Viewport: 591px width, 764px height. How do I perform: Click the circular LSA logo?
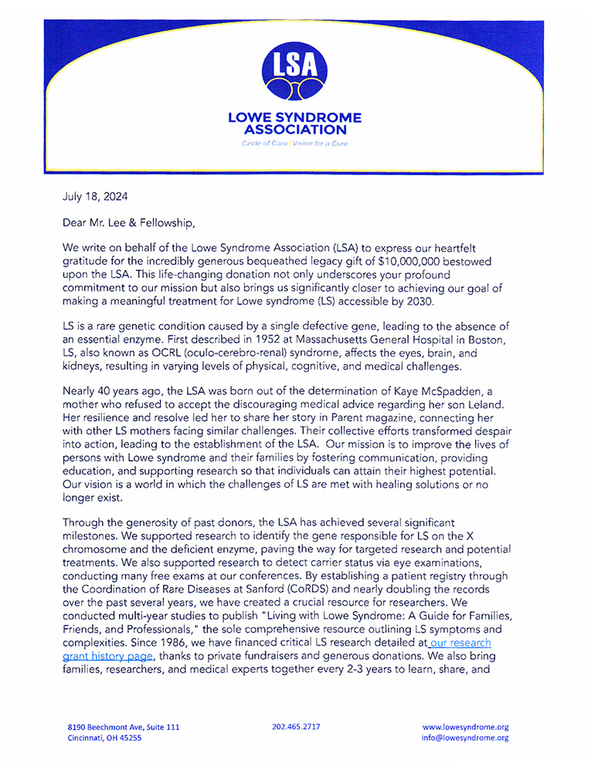pos(294,73)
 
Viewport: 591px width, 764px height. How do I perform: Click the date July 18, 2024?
pos(95,197)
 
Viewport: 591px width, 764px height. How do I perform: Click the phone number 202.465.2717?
pos(297,727)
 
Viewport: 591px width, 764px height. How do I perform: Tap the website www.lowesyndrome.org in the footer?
pos(465,727)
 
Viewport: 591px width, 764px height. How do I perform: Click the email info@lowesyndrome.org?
pos(465,738)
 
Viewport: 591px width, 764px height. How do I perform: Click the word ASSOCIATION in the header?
pos(294,130)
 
